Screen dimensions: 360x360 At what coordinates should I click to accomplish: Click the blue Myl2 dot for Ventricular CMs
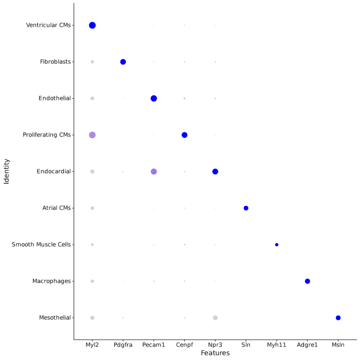coord(92,25)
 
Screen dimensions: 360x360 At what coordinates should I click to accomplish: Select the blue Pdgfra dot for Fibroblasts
coord(123,62)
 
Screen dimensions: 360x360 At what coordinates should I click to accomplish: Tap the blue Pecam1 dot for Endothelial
coord(154,98)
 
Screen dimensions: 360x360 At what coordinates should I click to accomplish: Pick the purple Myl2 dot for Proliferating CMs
coord(92,135)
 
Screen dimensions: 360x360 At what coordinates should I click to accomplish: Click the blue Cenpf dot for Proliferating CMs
coord(185,135)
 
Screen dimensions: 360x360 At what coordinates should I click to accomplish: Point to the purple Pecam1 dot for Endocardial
coord(154,172)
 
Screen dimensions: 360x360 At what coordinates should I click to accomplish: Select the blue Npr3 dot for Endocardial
coord(215,172)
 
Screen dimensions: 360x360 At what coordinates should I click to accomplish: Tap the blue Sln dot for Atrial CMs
coord(246,208)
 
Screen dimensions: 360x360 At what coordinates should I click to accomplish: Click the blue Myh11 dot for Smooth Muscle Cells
coord(277,245)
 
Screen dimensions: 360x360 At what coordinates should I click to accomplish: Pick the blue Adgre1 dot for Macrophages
coord(307,281)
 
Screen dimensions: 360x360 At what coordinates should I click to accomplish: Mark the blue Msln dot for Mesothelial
coord(338,318)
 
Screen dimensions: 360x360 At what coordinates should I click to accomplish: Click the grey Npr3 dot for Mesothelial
coord(215,318)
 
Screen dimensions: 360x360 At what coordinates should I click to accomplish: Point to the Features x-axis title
coord(215,353)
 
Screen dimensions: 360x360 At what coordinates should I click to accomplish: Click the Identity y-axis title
coord(7,172)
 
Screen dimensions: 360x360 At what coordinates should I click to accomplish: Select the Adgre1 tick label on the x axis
coord(307,345)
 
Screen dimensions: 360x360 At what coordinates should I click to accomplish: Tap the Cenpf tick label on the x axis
coord(185,345)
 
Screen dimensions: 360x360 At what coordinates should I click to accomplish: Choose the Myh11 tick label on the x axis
coord(277,345)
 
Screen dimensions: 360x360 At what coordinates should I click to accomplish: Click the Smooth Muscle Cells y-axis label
coord(41,245)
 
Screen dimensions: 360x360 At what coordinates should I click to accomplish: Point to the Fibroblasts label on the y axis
coord(55,62)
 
